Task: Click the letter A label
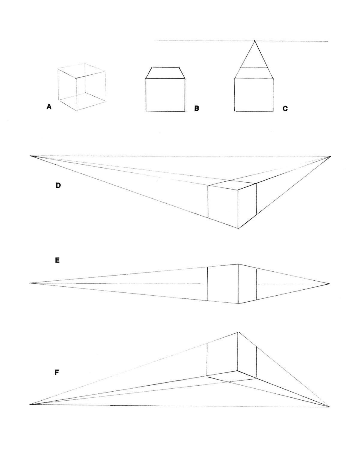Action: (49, 107)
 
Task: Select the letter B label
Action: (196, 108)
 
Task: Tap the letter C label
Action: (285, 109)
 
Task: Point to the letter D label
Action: (58, 185)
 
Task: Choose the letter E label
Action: (57, 260)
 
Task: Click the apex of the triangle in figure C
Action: (254, 41)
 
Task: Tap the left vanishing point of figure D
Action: (31, 156)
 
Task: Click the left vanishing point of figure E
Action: (30, 283)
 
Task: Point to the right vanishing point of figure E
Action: (330, 284)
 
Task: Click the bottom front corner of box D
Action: (238, 229)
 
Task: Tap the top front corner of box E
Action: (238, 264)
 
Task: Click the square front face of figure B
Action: (165, 95)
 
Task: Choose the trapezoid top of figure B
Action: (165, 73)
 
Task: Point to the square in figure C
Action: (254, 94)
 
